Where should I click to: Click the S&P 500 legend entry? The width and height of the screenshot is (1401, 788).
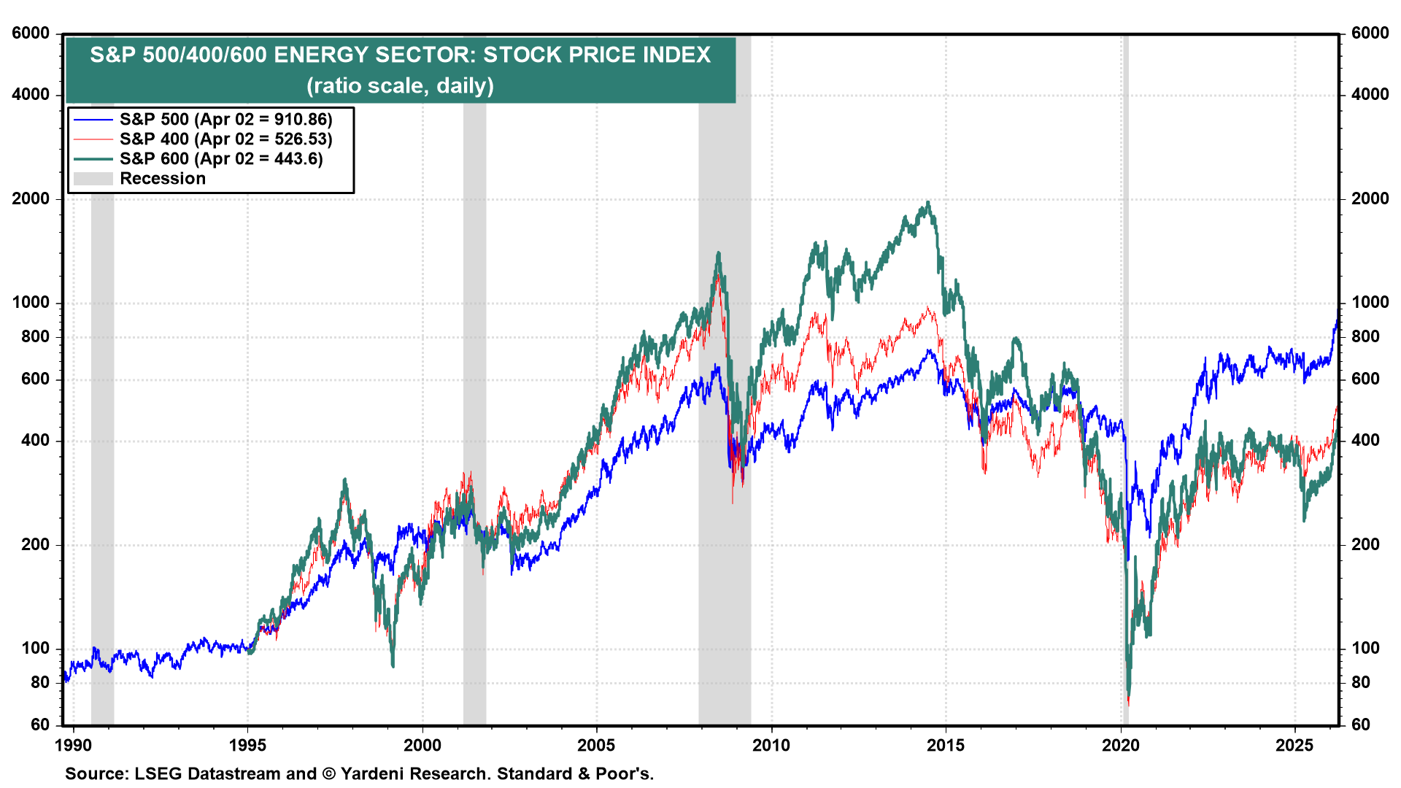pos(225,119)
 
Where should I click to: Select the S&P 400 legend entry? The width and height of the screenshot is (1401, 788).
pos(225,139)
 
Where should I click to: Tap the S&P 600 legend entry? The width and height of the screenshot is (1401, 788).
pos(220,158)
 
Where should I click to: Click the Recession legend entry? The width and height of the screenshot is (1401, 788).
pos(162,179)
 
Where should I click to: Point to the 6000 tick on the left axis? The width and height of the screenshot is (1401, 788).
pos(31,34)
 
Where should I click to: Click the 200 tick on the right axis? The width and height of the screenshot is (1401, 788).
pos(1365,544)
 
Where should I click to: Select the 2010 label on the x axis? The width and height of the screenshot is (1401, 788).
pos(771,745)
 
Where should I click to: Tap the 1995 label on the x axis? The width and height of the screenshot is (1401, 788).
pos(247,745)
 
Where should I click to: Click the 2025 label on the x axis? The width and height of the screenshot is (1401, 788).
pos(1294,745)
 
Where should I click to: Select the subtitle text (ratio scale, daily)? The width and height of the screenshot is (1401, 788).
pos(400,86)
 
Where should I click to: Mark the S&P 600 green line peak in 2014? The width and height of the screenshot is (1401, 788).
pos(927,203)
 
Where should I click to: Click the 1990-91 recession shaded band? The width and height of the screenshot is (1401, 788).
pos(102,438)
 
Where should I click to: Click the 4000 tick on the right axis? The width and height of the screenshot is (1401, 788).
pos(1370,95)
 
